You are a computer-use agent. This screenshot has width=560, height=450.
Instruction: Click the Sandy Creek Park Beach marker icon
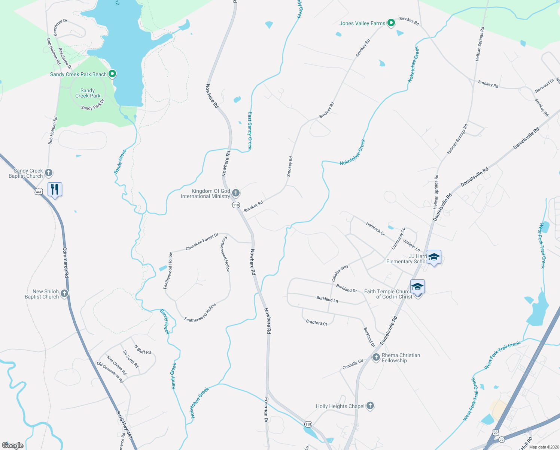(112, 74)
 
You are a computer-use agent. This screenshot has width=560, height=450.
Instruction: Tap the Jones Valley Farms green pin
(391, 23)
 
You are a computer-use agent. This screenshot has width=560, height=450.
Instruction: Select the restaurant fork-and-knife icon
(55, 189)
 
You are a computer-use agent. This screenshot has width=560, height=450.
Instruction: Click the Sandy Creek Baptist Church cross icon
(49, 173)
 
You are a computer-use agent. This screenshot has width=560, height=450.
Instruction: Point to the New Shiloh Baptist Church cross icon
(64, 294)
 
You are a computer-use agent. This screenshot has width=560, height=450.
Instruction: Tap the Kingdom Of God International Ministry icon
(236, 193)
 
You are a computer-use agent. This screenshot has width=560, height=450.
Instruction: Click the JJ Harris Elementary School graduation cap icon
(433, 257)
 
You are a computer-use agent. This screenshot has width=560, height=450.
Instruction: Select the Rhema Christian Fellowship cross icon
(376, 357)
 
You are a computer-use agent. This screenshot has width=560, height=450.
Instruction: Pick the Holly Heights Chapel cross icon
(370, 406)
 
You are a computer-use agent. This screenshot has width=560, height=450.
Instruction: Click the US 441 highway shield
(39, 192)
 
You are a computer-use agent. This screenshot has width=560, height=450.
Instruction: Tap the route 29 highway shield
(496, 432)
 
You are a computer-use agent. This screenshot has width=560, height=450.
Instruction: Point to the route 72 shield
(502, 439)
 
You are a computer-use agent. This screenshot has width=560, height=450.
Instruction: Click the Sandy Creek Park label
(88, 93)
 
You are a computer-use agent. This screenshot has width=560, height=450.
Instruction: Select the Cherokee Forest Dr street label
(202, 242)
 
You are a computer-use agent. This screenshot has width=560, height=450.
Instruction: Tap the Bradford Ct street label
(316, 322)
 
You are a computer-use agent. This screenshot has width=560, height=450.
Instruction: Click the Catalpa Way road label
(340, 273)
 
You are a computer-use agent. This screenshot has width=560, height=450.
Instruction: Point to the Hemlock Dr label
(375, 228)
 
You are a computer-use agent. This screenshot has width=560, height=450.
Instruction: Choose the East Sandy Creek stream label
(250, 130)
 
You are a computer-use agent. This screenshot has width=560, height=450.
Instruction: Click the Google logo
(13, 445)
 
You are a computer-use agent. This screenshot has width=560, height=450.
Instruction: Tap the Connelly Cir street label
(353, 364)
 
